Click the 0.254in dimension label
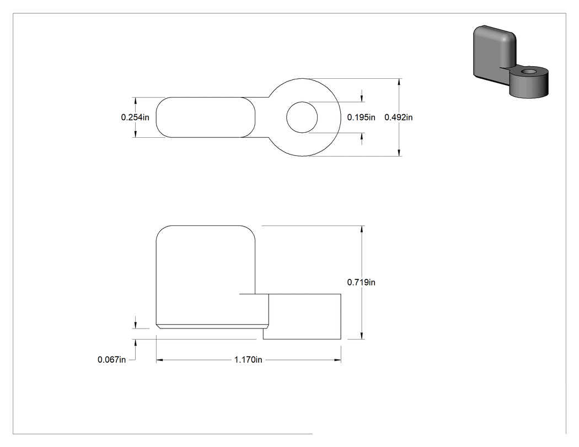click(x=135, y=117)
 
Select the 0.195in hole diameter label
click(x=361, y=117)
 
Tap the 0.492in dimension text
click(x=399, y=117)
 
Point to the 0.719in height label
click(x=361, y=282)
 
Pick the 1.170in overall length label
click(x=248, y=359)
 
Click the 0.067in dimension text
click(x=111, y=359)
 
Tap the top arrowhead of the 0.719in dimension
click(x=362, y=229)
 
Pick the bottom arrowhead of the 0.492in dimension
click(x=399, y=153)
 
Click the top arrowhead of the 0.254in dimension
click(x=136, y=100)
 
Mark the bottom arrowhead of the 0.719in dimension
click(x=362, y=336)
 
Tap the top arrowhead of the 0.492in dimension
click(x=399, y=82)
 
